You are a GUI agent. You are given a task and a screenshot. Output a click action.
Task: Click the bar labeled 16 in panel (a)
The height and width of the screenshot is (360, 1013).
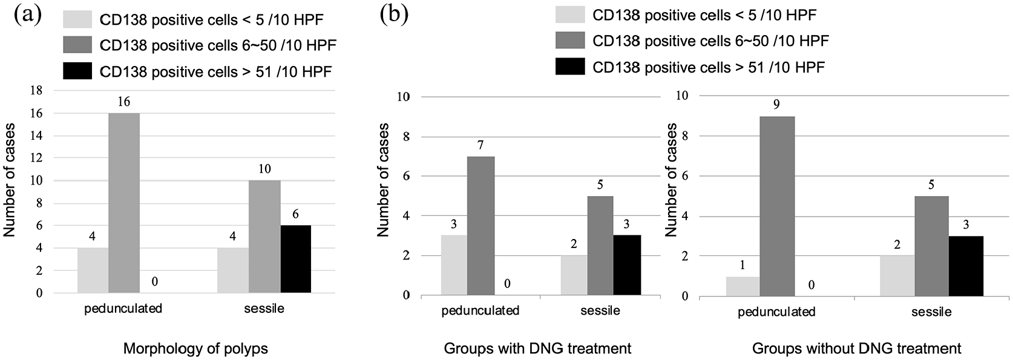point(124,203)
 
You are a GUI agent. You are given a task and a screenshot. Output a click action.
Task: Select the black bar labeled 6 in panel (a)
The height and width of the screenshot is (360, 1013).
point(296,259)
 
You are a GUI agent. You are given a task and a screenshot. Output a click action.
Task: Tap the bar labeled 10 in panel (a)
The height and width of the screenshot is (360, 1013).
point(264,237)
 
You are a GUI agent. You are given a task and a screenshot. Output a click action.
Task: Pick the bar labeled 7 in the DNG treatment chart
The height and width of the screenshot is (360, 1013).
point(480,226)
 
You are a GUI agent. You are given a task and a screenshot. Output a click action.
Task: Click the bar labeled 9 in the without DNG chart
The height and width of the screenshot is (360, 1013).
point(777,207)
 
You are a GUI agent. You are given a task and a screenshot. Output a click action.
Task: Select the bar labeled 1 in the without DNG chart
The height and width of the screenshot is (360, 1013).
point(743,287)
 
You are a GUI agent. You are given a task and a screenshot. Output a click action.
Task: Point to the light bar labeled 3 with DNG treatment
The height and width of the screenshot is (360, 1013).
point(453,266)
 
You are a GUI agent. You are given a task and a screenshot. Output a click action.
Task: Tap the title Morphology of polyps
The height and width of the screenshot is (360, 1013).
point(195,349)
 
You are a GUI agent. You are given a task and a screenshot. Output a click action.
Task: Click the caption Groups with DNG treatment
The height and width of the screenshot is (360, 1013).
point(538,349)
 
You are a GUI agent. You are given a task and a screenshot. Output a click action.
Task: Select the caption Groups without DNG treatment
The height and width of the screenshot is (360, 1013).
point(856,349)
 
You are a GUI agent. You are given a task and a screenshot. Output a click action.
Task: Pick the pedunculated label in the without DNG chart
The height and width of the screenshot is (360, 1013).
point(776,312)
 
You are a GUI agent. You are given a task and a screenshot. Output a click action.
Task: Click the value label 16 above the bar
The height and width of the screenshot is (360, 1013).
point(124,102)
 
